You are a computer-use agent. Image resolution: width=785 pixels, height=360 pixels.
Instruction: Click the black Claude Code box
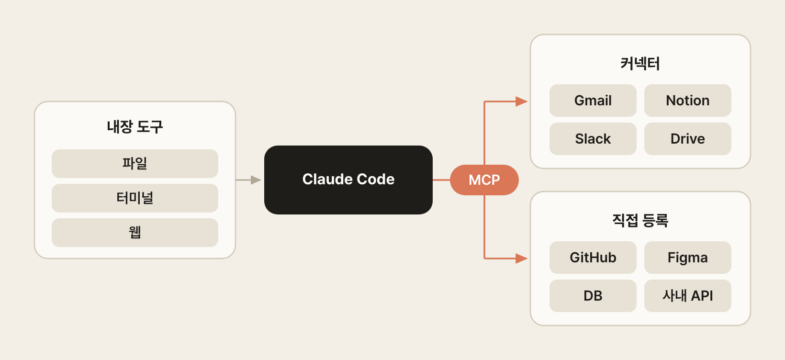coord(348,180)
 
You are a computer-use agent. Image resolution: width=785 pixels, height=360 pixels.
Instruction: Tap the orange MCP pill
coord(484,180)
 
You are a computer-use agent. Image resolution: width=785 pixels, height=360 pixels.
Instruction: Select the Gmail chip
coord(593,101)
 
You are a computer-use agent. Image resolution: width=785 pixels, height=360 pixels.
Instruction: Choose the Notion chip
coord(687,101)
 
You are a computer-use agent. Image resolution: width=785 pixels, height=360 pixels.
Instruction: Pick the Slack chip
coord(593,139)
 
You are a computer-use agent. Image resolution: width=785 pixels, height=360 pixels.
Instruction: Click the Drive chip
coord(687,139)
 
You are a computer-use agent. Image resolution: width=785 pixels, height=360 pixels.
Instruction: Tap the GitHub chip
coord(593,258)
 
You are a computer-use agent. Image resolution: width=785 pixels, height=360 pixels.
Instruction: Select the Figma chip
coord(687,258)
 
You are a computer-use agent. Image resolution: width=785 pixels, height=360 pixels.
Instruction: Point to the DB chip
coord(593,296)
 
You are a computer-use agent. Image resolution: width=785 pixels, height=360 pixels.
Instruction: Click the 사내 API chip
coord(687,296)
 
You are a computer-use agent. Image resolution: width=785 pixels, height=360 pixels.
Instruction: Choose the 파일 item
coord(135,164)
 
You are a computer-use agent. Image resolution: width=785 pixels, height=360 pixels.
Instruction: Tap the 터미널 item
coord(135,198)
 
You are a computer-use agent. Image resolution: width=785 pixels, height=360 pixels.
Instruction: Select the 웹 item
coord(135,233)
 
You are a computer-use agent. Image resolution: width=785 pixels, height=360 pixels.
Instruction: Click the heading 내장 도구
coord(135,126)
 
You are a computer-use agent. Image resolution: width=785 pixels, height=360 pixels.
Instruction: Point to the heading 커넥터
coord(640,64)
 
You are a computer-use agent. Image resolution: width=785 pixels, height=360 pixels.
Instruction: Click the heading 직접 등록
coord(640,221)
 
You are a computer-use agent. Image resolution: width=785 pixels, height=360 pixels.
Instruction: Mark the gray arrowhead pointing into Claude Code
coord(256,180)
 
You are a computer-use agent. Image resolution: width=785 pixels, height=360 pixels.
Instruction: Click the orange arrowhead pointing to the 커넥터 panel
coord(521,101)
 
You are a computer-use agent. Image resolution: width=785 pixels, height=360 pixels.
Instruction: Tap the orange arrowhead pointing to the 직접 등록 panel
coord(521,259)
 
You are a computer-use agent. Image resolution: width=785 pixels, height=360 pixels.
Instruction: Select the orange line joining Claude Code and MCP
coord(441,180)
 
